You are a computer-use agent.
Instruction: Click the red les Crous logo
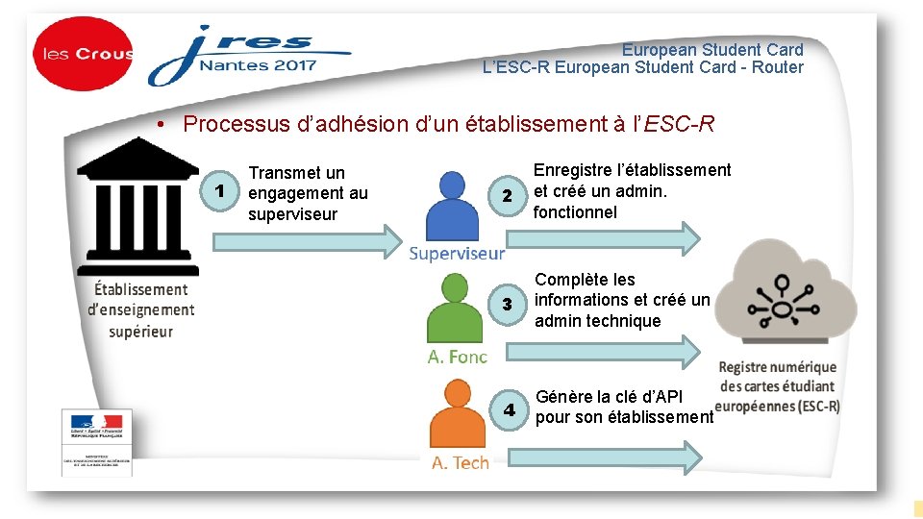[x=83, y=55]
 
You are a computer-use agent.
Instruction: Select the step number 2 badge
[x=508, y=196]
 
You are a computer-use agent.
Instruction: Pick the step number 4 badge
[x=509, y=409]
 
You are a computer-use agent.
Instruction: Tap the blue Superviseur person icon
[x=456, y=206]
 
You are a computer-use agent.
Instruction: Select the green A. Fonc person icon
[x=456, y=309]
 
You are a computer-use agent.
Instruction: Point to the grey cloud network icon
[x=792, y=297]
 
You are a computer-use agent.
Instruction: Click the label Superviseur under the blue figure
[x=456, y=254]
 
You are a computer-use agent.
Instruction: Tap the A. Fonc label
[x=457, y=358]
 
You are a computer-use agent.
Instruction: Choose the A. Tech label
[x=460, y=463]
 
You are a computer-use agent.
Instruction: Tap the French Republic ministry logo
[x=96, y=441]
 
